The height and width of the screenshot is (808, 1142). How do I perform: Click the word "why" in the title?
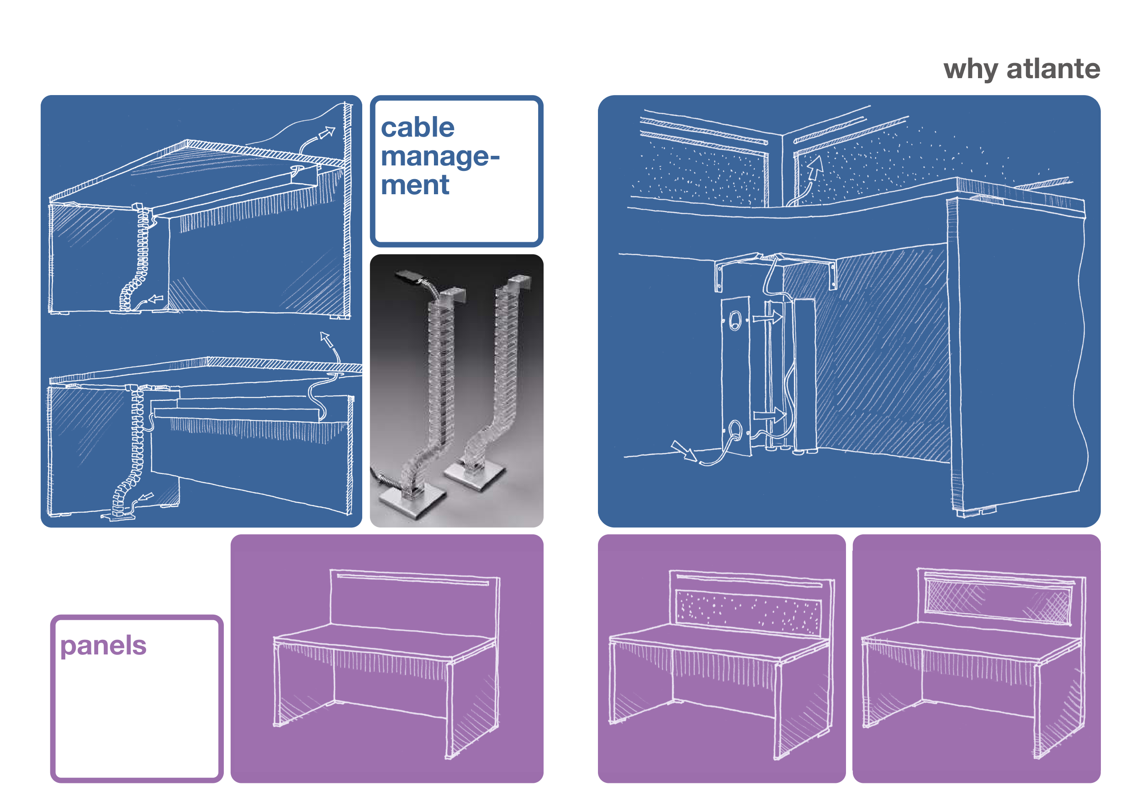click(970, 69)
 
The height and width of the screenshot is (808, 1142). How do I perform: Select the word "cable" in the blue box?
click(418, 128)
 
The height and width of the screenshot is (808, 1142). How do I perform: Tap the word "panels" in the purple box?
click(103, 646)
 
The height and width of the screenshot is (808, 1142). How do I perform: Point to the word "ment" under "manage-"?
click(415, 185)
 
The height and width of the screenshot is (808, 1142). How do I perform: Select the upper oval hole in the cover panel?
click(735, 320)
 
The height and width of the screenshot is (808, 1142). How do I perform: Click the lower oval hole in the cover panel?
click(735, 428)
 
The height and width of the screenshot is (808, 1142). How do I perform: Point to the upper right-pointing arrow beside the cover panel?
click(767, 317)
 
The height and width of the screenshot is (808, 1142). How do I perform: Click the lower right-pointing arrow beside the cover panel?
click(769, 415)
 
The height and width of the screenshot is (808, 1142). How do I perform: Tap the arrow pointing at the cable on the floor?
click(684, 451)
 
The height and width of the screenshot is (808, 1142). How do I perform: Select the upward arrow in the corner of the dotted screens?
click(815, 168)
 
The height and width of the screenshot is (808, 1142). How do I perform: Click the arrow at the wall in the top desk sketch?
click(327, 133)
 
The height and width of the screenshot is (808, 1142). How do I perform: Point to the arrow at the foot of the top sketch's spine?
click(156, 298)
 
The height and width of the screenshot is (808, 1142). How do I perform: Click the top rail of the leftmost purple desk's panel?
click(413, 579)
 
